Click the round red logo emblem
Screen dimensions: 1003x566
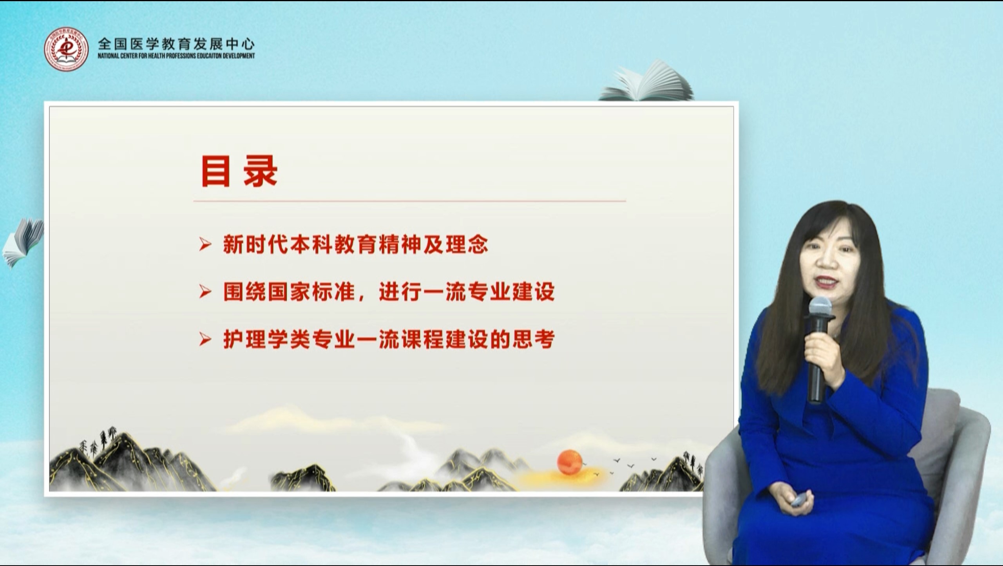click(x=66, y=50)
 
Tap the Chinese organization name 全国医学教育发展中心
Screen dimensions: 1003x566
click(x=176, y=43)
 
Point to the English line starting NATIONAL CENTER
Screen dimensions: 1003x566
click(x=176, y=56)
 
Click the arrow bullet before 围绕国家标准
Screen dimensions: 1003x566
click(x=205, y=292)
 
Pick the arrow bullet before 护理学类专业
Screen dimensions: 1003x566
click(x=205, y=339)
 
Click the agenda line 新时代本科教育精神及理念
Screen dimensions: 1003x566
click(x=356, y=245)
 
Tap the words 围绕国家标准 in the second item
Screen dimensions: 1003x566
click(x=289, y=292)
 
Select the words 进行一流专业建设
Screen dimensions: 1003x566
click(x=467, y=292)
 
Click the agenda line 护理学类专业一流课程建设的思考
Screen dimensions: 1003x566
click(x=389, y=339)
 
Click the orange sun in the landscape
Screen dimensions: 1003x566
click(x=570, y=463)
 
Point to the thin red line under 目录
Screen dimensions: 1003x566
click(x=409, y=201)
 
